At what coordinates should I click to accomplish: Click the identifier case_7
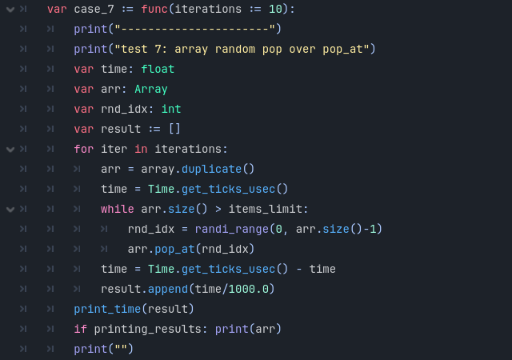pyautogui.click(x=94, y=9)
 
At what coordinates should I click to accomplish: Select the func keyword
pyautogui.click(x=154, y=9)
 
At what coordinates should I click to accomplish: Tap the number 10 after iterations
pyautogui.click(x=275, y=9)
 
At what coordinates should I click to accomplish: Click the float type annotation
pyautogui.click(x=158, y=69)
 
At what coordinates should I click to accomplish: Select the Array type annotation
pyautogui.click(x=151, y=90)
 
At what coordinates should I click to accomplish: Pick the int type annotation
pyautogui.click(x=171, y=109)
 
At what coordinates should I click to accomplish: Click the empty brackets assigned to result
pyautogui.click(x=174, y=129)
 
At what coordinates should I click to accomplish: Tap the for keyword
pyautogui.click(x=83, y=149)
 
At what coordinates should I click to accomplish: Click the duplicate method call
pyautogui.click(x=211, y=169)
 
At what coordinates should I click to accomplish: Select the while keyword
pyautogui.click(x=118, y=209)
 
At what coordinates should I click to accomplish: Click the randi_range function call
pyautogui.click(x=232, y=230)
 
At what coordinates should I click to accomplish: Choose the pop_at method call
pyautogui.click(x=174, y=250)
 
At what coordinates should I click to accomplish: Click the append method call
pyautogui.click(x=168, y=289)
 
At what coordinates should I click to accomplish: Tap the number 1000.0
pyautogui.click(x=249, y=289)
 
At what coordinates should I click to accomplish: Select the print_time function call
pyautogui.click(x=107, y=309)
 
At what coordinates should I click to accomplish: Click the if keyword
pyautogui.click(x=80, y=329)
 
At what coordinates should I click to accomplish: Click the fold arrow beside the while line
pyautogui.click(x=10, y=210)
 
